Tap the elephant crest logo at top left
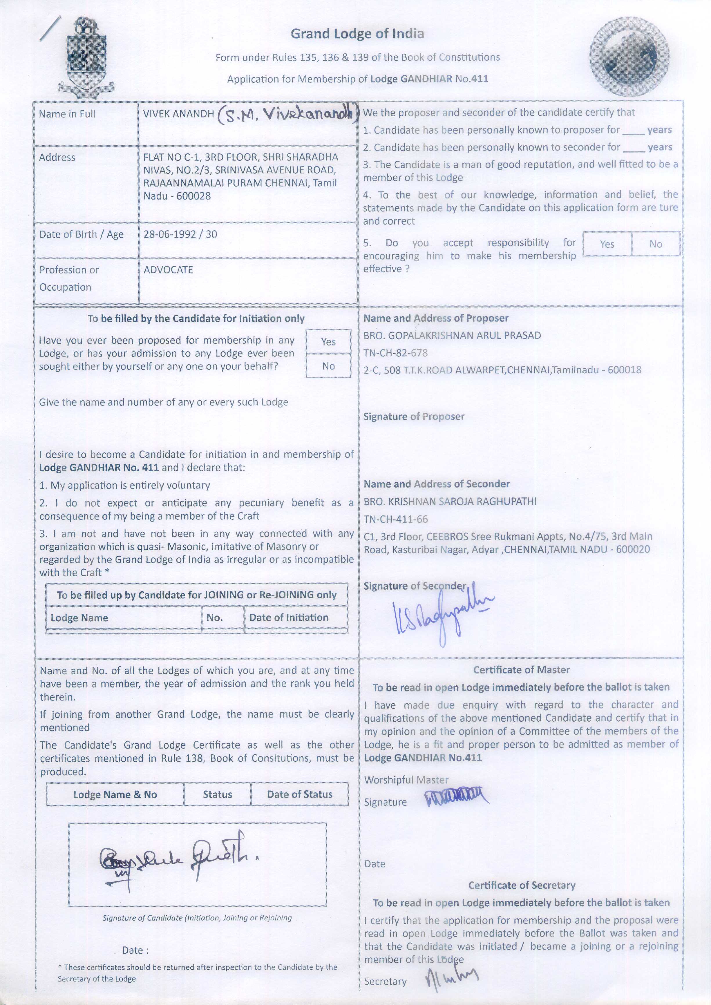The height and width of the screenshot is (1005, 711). tap(86, 57)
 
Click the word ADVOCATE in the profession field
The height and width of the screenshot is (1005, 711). tap(168, 270)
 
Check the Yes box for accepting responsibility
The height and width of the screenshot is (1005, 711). tap(607, 244)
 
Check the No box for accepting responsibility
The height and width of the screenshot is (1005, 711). tap(655, 244)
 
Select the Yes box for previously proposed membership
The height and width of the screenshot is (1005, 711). tap(328, 341)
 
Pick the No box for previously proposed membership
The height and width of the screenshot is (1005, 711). tap(328, 366)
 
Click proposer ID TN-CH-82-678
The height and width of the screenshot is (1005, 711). tap(395, 353)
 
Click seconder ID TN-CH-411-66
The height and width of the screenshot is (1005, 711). tap(396, 519)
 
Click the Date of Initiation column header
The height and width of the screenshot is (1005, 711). tap(289, 618)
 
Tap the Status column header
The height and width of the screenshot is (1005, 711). tap(217, 794)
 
